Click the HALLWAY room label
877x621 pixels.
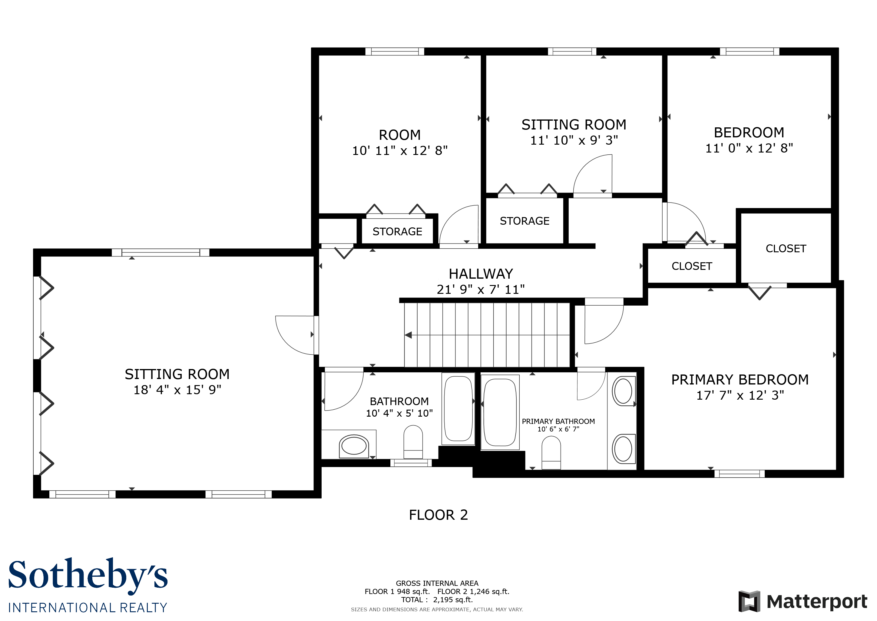pyautogui.click(x=481, y=274)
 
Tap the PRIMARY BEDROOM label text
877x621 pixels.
pyautogui.click(x=740, y=380)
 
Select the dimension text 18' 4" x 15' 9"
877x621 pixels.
pyautogui.click(x=177, y=390)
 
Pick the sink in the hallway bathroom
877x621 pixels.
pyautogui.click(x=354, y=446)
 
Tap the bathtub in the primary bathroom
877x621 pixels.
pyautogui.click(x=500, y=412)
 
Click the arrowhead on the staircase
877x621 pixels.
pyautogui.click(x=408, y=335)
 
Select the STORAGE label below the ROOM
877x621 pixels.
pyautogui.click(x=397, y=232)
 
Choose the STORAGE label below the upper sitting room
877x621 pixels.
pyautogui.click(x=525, y=221)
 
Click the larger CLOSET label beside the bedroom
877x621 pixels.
pyautogui.click(x=786, y=249)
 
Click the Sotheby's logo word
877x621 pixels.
pyautogui.click(x=88, y=575)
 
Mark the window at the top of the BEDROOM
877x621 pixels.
pyautogui.click(x=750, y=52)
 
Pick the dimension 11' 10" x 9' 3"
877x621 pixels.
pyautogui.click(x=574, y=140)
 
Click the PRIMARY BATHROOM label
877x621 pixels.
pyautogui.click(x=558, y=421)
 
